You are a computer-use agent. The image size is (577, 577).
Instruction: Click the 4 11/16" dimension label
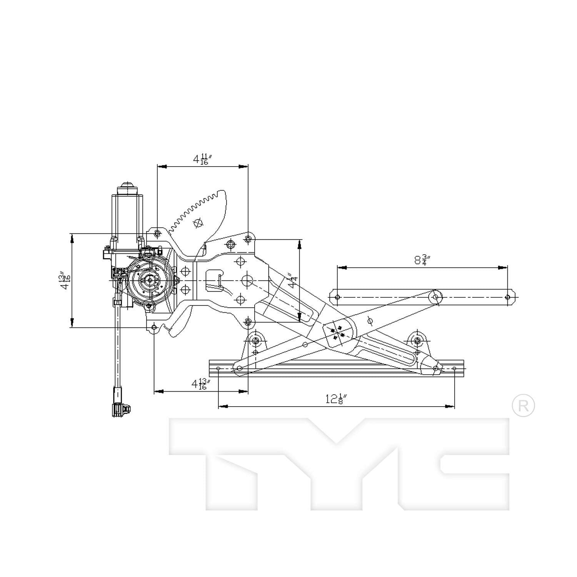201,159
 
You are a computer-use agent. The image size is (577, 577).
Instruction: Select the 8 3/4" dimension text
422,260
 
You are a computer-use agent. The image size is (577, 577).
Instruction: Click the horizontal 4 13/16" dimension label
202,384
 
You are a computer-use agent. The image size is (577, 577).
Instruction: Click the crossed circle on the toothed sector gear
198,223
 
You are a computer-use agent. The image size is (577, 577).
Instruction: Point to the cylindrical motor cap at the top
127,189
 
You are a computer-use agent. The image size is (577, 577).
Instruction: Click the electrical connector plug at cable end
120,409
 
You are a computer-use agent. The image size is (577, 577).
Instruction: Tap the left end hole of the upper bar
337,297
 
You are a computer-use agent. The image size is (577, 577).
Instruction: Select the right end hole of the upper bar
507,297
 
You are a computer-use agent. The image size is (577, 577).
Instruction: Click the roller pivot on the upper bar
435,297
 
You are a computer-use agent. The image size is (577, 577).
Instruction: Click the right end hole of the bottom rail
454,369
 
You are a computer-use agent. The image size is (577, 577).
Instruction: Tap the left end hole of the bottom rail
218,369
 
